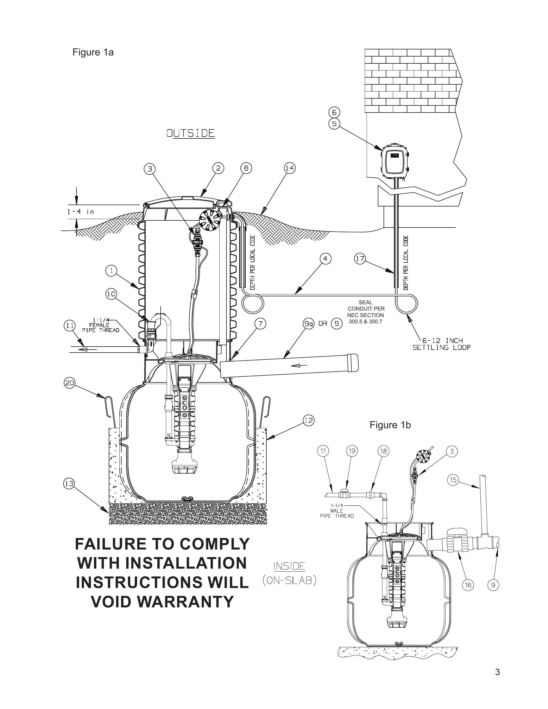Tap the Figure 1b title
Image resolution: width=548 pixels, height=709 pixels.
tap(390, 425)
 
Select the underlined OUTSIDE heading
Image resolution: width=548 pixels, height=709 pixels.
tap(191, 134)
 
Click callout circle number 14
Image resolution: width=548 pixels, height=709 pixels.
tap(290, 168)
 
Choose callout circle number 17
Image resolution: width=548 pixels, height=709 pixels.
tap(360, 259)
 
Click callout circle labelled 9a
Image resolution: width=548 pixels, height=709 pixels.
tap(308, 324)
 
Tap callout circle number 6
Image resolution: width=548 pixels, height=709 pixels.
tap(334, 112)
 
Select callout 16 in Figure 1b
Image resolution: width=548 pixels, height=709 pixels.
tap(468, 585)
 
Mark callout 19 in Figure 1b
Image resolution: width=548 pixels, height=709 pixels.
tap(352, 451)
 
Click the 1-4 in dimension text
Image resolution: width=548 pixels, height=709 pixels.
tap(81, 212)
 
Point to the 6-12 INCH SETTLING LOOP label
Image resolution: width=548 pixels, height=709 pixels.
tap(441, 344)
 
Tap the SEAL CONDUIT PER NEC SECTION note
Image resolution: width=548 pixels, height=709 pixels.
tap(366, 312)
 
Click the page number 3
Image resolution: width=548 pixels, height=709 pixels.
tap(497, 672)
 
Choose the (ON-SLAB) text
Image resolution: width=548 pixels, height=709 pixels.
tap(289, 580)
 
